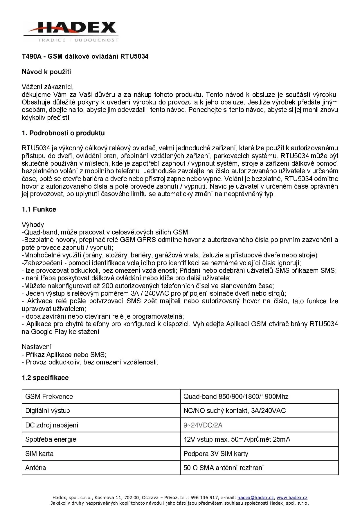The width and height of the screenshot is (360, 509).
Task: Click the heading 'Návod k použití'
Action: click(x=46, y=72)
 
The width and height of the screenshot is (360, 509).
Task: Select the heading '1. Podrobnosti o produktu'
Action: click(x=63, y=133)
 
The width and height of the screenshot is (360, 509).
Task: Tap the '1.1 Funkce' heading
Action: click(x=39, y=209)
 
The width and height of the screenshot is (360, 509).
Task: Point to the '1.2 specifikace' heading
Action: click(x=45, y=378)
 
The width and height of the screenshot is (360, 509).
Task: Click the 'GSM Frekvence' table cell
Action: click(x=49, y=396)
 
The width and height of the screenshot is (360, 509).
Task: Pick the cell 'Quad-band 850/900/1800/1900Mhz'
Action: click(x=236, y=396)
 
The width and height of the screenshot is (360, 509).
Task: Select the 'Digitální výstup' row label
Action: click(x=48, y=411)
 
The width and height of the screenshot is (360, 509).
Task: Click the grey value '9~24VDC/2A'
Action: click(x=203, y=425)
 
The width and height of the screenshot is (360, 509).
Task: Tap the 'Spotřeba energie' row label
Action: click(x=51, y=439)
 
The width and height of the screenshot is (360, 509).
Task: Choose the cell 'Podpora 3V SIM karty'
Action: click(x=216, y=454)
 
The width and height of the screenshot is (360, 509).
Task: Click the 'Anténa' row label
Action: click(x=36, y=468)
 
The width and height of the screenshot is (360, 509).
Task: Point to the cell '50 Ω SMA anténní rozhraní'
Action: click(x=224, y=468)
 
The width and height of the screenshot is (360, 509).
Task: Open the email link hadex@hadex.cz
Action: click(x=256, y=497)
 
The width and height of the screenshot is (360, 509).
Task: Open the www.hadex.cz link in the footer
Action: click(x=292, y=497)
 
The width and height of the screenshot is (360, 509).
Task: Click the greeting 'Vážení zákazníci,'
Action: click(x=48, y=87)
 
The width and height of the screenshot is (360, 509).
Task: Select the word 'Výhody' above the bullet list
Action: click(x=33, y=224)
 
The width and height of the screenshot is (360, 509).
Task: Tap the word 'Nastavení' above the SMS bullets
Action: click(x=37, y=346)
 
